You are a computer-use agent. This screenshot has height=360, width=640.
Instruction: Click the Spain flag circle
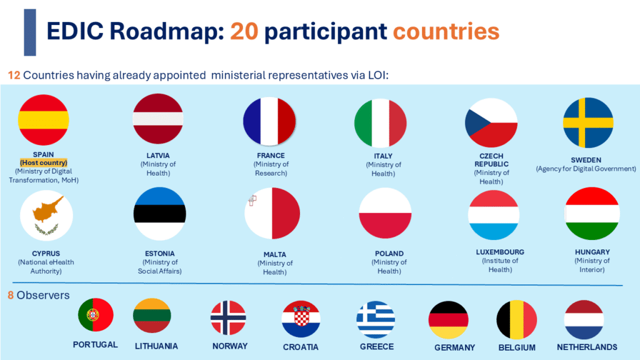pos(43,120)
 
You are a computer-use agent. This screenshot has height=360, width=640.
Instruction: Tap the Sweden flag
pos(588,122)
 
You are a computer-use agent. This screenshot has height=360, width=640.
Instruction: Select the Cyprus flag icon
pos(46,216)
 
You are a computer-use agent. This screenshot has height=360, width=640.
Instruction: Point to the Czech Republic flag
pos(491,123)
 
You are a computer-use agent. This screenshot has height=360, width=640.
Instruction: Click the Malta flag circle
pos(272,214)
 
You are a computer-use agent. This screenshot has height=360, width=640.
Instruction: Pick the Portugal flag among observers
pos(96,315)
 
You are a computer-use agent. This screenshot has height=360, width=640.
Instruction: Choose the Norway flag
pos(228,318)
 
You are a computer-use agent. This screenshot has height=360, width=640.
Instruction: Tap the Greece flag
pos(376,319)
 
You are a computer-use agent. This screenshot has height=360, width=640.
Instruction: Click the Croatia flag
pos(301,319)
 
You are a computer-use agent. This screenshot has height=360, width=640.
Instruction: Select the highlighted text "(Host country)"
pos(44,162)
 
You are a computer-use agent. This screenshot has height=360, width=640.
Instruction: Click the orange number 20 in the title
pos(244,31)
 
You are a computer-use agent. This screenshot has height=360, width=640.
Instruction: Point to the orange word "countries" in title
pos(446,31)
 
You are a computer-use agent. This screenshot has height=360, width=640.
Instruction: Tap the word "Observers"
pos(43,295)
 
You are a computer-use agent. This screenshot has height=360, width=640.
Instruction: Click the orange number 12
pos(14,75)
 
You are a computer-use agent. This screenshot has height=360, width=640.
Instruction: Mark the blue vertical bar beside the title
pos(30,32)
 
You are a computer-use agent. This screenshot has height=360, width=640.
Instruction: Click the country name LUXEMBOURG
pos(500,252)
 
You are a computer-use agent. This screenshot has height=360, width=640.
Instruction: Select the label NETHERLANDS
pos(587,347)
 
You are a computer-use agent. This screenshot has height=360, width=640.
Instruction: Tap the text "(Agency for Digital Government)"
pos(586,169)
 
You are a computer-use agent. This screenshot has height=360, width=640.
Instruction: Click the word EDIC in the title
pos(76,31)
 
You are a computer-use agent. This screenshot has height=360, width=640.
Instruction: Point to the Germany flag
pos(448,320)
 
